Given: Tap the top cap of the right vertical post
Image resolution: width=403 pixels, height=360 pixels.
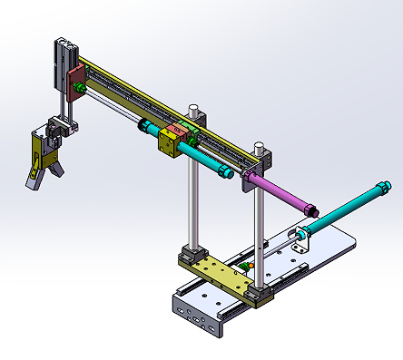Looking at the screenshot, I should pyautogui.click(x=260, y=146).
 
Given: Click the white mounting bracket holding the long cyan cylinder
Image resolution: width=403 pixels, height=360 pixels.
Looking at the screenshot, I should pyautogui.click(x=300, y=238).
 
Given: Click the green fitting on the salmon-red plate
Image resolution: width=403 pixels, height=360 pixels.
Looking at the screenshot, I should pyautogui.click(x=81, y=88).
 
